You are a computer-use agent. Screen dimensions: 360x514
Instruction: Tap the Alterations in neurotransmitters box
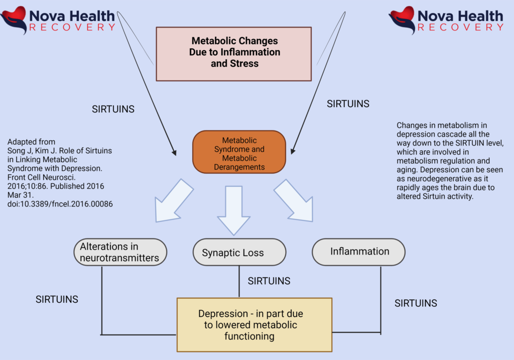120,252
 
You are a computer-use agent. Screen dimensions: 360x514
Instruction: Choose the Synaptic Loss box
239,253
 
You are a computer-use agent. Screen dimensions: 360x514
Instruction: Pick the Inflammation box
358,252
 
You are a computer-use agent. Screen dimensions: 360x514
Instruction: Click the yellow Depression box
254,325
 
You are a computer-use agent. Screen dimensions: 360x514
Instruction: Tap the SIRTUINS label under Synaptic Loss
269,281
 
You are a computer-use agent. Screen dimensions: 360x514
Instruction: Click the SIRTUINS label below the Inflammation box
416,303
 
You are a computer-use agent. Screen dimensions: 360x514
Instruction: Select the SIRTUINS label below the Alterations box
57,300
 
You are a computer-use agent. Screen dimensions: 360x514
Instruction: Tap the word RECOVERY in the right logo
460,27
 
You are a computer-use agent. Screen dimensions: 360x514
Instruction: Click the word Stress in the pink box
242,63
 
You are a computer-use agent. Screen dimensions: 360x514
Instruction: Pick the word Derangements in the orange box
239,167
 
